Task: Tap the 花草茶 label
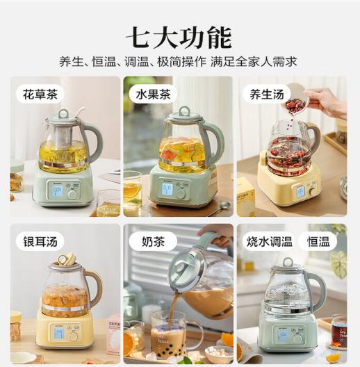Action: (x=40, y=94)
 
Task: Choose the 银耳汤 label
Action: (x=40, y=241)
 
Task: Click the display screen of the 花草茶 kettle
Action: (x=57, y=189)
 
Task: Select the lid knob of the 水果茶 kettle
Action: (x=184, y=111)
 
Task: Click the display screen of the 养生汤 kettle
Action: (x=300, y=191)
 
